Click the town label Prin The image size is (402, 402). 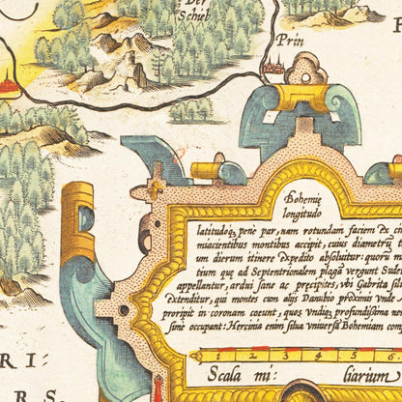coord(287,43)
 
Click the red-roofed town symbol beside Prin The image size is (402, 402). coord(272,64)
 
